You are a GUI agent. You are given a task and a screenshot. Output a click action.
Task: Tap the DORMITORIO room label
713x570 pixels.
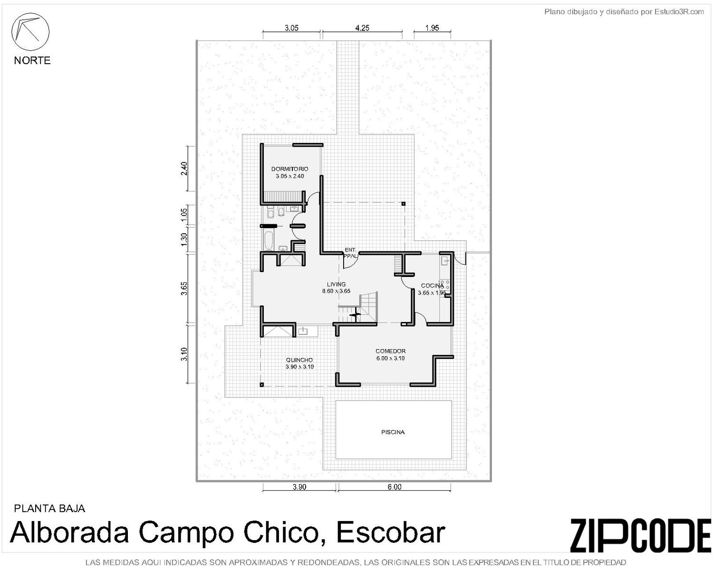point(289,169)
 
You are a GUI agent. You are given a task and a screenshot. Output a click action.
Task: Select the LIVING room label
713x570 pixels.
point(336,284)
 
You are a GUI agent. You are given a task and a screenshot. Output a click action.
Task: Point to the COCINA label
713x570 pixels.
point(432,285)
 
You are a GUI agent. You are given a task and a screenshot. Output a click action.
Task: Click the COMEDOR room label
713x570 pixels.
point(390,351)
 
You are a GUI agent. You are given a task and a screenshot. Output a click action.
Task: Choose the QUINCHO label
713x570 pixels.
point(299,360)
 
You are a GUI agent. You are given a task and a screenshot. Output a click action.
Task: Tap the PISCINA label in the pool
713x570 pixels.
point(393,432)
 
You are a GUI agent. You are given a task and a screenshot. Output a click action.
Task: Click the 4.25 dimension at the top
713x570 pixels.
point(362,28)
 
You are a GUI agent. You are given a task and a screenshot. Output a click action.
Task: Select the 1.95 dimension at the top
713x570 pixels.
point(432,28)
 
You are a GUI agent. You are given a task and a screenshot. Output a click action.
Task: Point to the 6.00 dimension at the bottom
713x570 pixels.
point(394,487)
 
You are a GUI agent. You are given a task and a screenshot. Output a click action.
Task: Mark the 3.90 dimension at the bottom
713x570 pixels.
point(299,487)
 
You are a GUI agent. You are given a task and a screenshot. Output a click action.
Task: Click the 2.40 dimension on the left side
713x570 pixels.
point(184,169)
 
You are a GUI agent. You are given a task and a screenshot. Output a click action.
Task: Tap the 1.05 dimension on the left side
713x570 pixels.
point(184,215)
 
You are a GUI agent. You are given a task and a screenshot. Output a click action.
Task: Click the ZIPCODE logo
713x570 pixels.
point(640,535)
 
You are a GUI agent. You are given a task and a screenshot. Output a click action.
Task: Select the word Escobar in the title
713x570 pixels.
point(391,532)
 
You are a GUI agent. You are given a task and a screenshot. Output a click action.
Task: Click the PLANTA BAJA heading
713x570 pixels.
point(49,508)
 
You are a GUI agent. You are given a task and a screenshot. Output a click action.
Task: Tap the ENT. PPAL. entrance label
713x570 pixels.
point(350,253)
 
